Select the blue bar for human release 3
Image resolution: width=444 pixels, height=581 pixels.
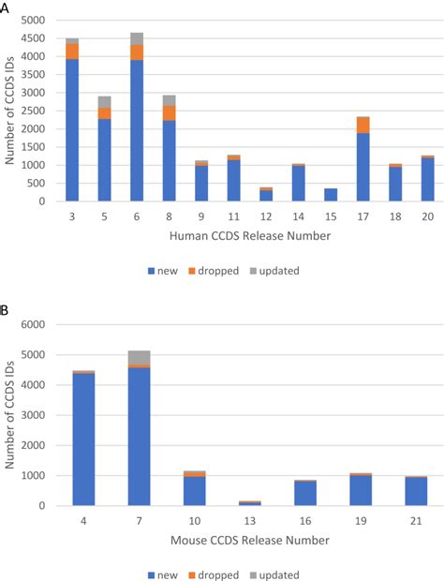(x=72, y=131)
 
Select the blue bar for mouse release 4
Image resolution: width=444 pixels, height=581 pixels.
(x=84, y=439)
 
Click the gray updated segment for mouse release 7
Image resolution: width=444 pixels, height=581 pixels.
(x=139, y=357)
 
